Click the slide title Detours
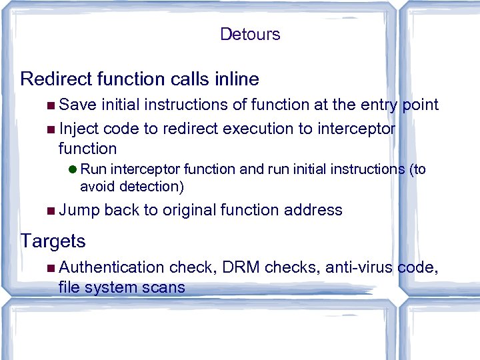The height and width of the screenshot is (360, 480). pos(250,34)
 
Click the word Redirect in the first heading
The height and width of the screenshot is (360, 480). pos(54,79)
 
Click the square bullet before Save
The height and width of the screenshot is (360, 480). pos(52,105)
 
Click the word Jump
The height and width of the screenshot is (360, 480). pos(79,211)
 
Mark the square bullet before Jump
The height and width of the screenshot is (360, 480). pos(52,211)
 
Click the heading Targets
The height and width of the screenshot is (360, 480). pos(53,241)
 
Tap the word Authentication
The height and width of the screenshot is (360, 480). pos(111,267)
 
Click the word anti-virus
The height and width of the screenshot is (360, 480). pos(361,267)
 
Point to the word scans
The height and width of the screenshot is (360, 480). pos(163,287)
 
